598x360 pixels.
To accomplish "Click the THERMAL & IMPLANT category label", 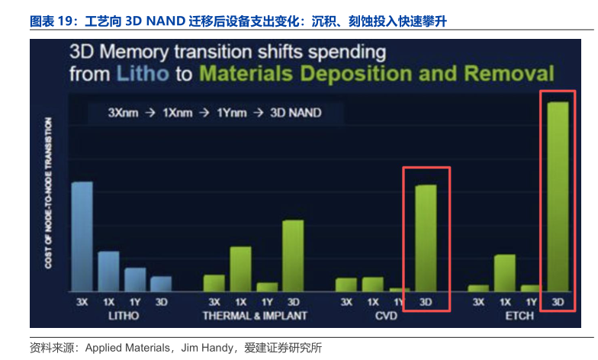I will click(254, 315).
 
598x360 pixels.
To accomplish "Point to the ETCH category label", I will click(518, 315).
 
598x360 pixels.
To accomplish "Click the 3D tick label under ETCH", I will click(558, 302).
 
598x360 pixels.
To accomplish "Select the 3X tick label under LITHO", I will click(82, 302).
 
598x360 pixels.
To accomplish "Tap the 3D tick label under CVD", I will click(426, 302).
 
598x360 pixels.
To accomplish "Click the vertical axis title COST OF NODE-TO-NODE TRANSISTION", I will click(48, 192).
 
